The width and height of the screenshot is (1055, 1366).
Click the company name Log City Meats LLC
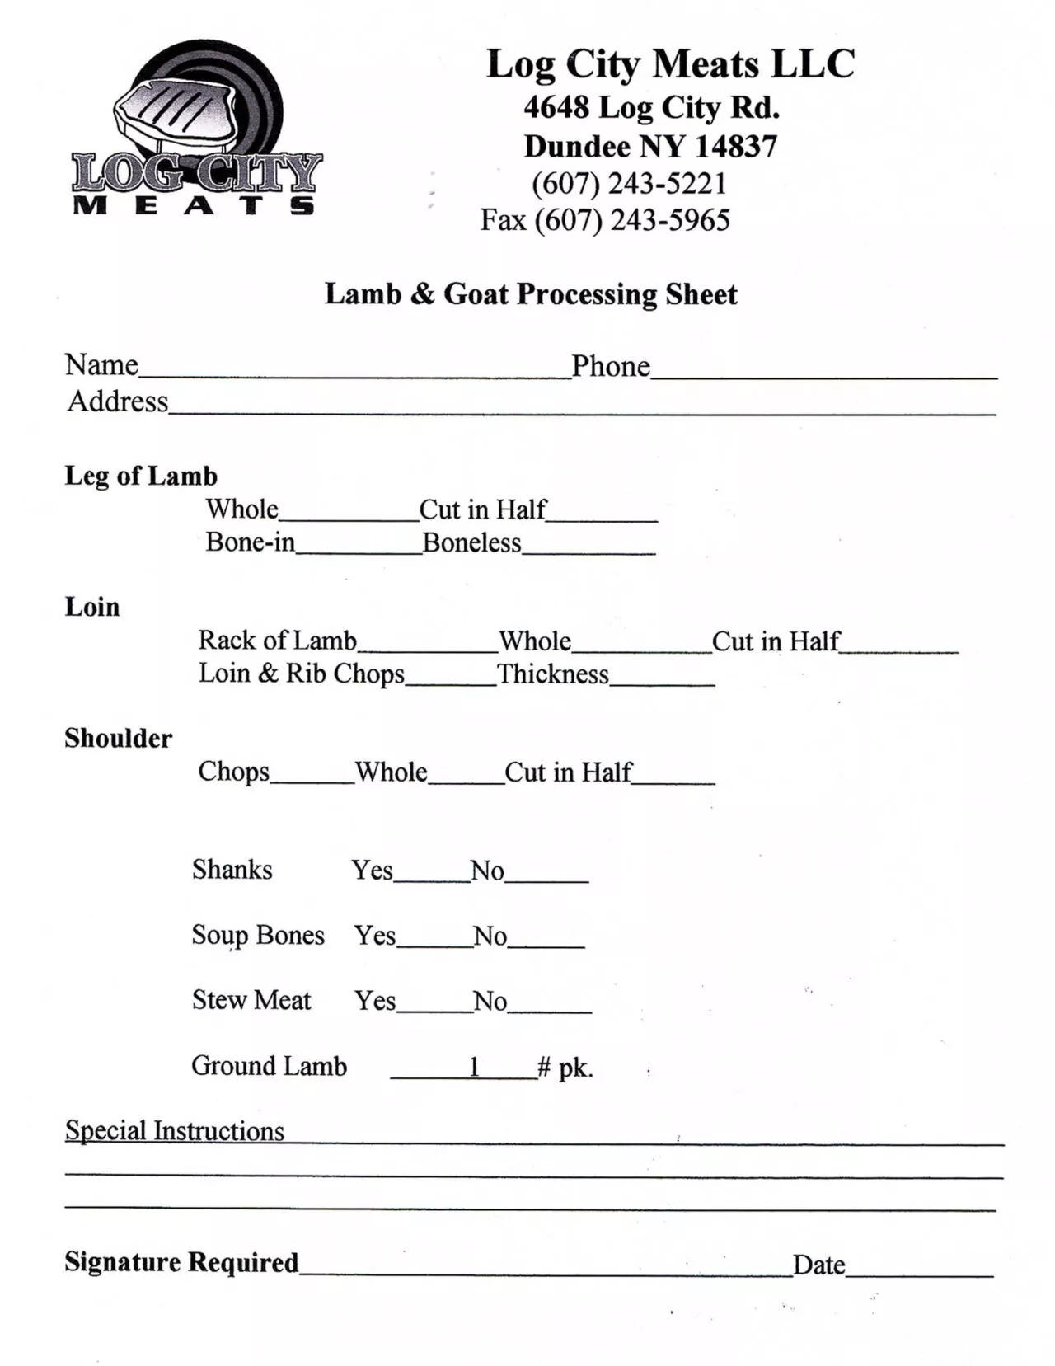670,64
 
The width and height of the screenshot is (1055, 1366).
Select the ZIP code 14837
736,147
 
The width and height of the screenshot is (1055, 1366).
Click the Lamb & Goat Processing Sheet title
531,294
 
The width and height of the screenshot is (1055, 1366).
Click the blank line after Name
354,373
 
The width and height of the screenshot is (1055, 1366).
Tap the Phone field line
824,373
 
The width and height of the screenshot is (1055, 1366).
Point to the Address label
118,401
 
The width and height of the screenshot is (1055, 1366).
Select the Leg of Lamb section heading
141,476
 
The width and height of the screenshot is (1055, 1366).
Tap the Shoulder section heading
118,738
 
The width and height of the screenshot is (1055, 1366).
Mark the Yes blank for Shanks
431,877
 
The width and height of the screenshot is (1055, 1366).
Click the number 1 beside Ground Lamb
474,1067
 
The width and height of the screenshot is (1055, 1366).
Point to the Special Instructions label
175,1130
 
